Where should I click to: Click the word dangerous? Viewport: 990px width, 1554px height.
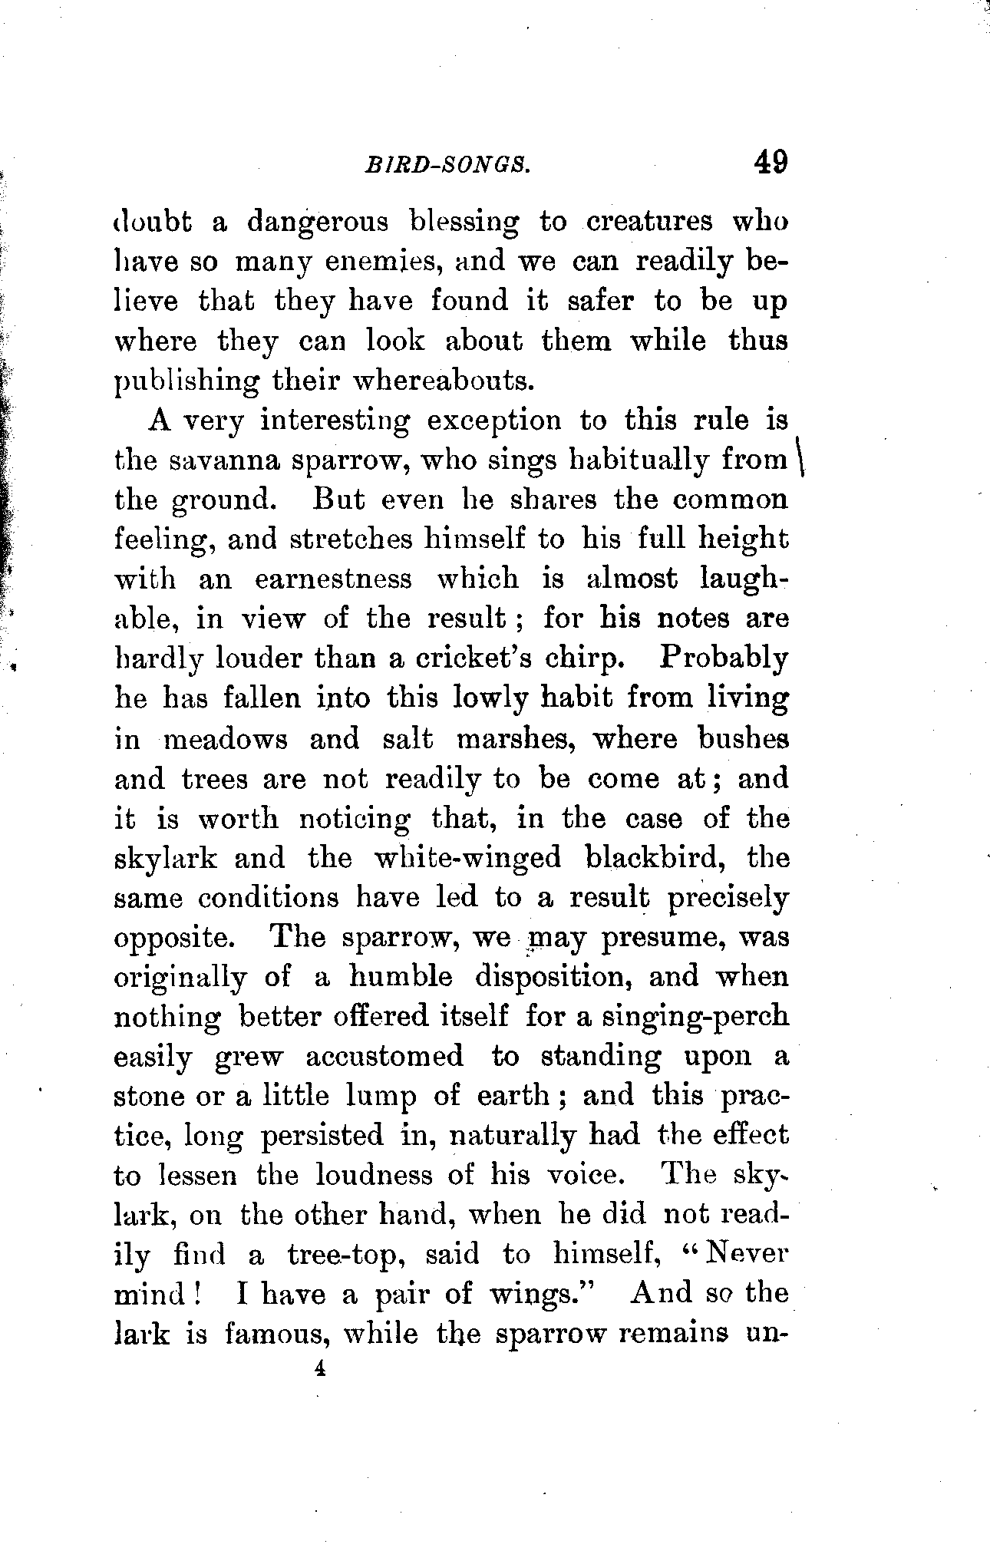(317, 223)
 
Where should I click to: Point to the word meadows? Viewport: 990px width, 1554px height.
(226, 740)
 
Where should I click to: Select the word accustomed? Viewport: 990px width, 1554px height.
(384, 1057)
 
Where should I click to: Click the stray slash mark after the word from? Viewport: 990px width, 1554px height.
(800, 460)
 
